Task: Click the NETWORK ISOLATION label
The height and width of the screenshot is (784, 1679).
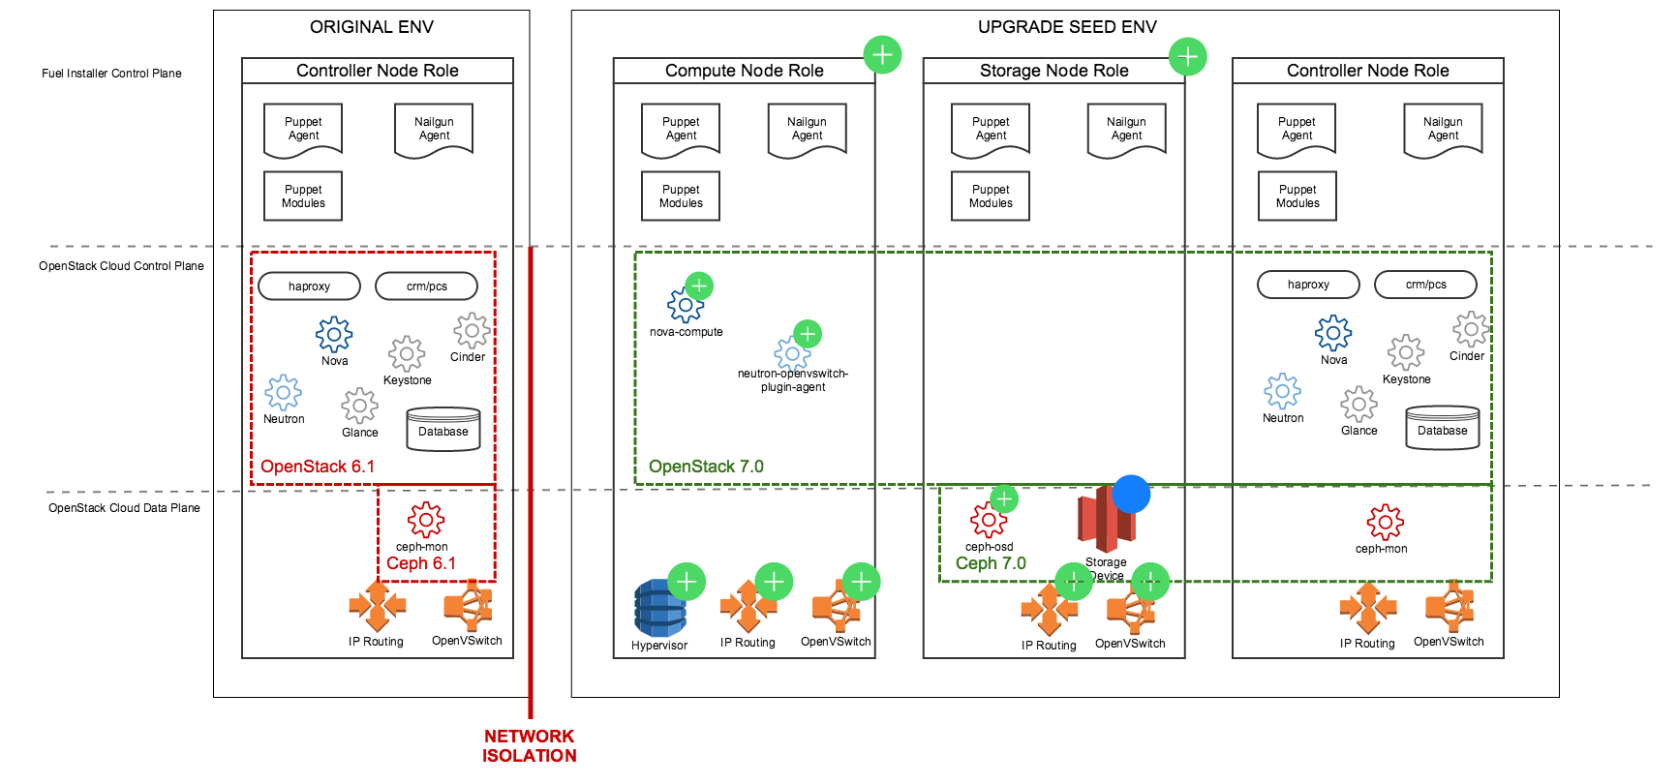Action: click(x=530, y=746)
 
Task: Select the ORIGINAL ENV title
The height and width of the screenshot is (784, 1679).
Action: click(x=372, y=27)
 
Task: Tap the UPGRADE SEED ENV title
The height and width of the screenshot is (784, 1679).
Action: click(x=1067, y=27)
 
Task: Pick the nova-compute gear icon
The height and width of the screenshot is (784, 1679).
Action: click(x=684, y=305)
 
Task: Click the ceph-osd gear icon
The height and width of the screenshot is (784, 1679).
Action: click(x=988, y=521)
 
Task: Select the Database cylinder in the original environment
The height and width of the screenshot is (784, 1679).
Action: click(x=443, y=431)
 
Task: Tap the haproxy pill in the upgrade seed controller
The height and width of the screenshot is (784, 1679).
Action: click(x=1308, y=285)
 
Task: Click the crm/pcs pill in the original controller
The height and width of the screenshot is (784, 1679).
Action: click(x=426, y=286)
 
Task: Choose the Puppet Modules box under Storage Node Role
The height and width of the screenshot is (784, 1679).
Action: click(x=991, y=196)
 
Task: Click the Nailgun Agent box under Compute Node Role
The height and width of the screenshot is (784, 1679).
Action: click(x=807, y=130)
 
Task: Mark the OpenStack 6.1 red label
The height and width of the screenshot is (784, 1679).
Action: click(x=318, y=467)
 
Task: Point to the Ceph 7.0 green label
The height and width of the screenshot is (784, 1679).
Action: click(x=991, y=563)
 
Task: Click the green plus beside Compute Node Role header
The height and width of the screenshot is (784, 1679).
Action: click(x=882, y=55)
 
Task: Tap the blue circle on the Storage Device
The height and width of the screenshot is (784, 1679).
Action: click(x=1131, y=494)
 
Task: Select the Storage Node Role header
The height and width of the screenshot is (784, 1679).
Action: click(x=1053, y=71)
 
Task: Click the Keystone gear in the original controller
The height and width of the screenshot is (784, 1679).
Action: click(x=407, y=354)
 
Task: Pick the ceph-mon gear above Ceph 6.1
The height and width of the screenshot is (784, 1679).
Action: click(x=425, y=520)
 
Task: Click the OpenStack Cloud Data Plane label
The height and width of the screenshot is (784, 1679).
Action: click(x=124, y=508)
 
